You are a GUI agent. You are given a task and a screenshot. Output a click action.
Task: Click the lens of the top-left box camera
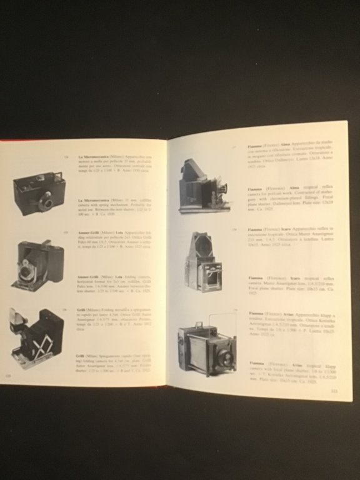click(46, 201)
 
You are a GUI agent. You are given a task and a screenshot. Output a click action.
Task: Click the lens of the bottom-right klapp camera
click(223, 358)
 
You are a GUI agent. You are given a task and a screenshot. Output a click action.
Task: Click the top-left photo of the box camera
click(39, 194)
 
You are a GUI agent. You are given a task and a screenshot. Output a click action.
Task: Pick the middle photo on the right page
click(204, 261)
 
